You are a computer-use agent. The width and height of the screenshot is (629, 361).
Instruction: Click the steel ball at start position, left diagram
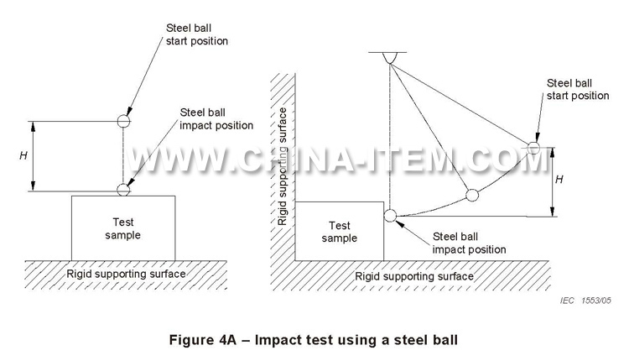point(124,120)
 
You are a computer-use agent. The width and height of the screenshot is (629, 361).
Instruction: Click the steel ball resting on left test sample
point(124,189)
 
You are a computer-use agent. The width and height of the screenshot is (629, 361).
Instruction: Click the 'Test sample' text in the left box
point(123,228)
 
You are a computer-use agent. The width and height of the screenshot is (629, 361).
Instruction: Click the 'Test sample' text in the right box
point(340,232)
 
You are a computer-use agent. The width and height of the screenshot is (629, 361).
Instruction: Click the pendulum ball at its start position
point(535,148)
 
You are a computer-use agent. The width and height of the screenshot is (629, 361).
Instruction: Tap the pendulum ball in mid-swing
point(472,196)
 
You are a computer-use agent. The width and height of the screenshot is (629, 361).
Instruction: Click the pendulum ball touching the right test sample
point(391,216)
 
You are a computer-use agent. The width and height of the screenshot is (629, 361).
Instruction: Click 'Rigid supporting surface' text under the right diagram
point(414,275)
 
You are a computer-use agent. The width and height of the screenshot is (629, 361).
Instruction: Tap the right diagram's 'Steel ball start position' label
point(577,89)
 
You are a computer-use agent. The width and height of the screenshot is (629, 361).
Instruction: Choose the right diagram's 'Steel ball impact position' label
point(469,243)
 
